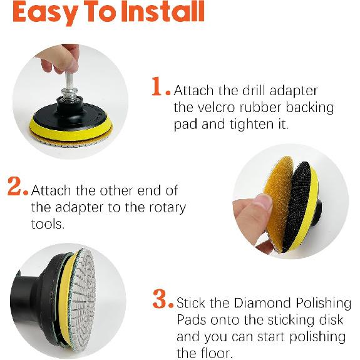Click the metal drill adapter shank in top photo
coord(68,69)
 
